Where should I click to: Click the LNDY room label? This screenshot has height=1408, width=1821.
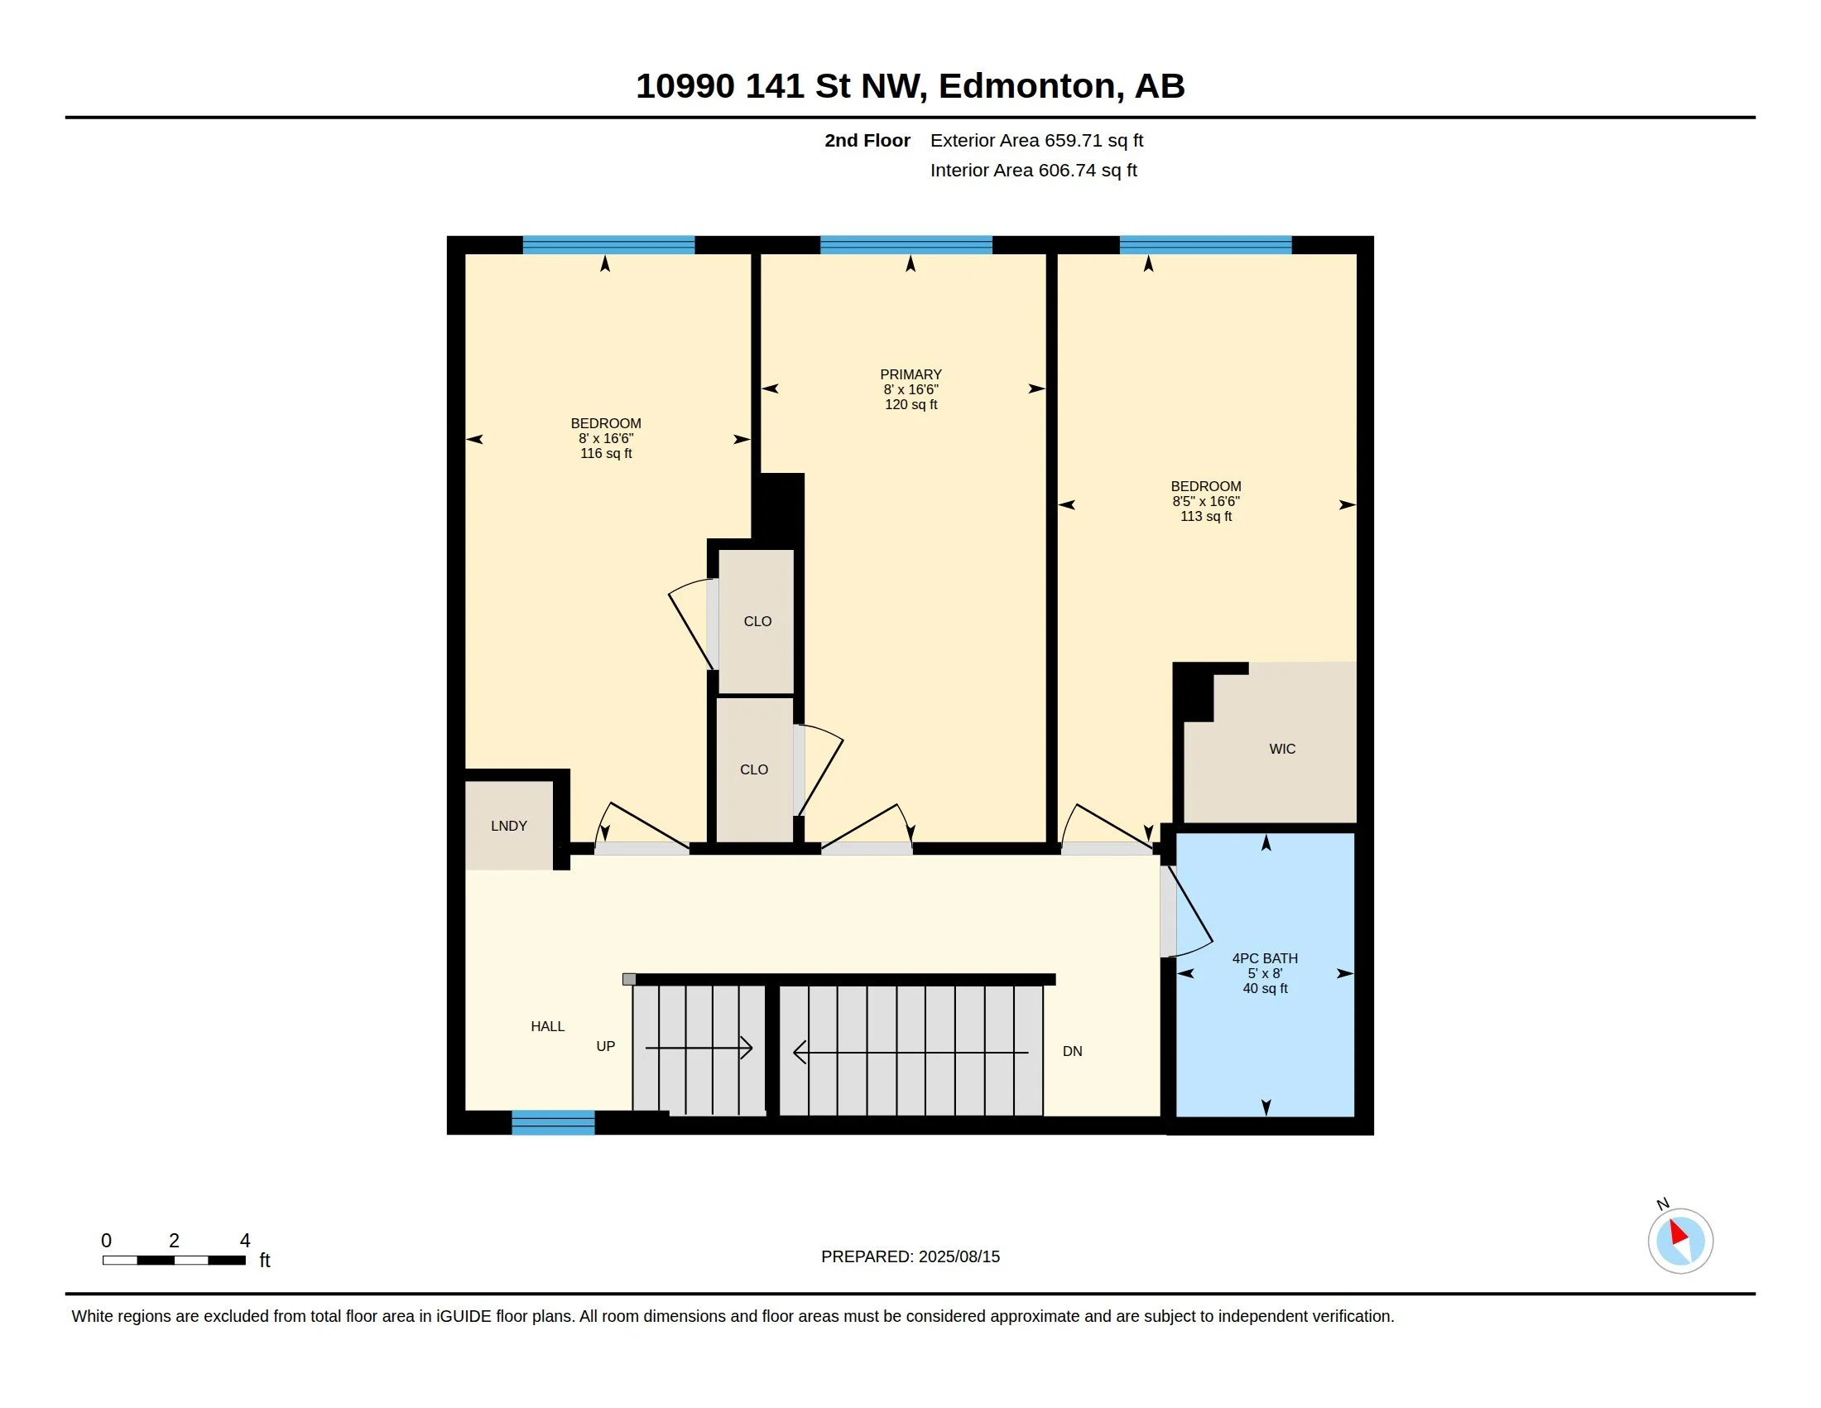[x=508, y=826]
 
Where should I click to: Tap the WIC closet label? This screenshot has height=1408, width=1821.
[x=1282, y=749]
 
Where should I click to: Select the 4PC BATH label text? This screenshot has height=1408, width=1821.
[x=1265, y=958]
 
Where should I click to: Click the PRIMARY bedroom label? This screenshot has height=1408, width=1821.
[x=910, y=374]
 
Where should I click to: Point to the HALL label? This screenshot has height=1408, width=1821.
[x=548, y=1026]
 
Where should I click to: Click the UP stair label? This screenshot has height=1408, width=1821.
[x=605, y=1046]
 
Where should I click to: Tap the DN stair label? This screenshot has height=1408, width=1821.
[x=1072, y=1051]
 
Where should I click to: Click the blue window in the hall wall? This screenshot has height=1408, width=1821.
[x=553, y=1123]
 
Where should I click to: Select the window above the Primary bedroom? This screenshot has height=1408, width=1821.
[x=906, y=245]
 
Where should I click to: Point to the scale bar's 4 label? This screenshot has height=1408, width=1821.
[x=245, y=1241]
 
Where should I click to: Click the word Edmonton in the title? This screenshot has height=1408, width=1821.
[x=1026, y=86]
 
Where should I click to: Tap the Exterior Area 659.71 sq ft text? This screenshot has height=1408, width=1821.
[x=1036, y=140]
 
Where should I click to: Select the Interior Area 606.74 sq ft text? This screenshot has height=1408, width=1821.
[x=1033, y=170]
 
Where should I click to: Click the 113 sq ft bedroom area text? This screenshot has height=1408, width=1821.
[x=1206, y=516]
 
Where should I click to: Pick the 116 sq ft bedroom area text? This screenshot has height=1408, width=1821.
[x=606, y=454]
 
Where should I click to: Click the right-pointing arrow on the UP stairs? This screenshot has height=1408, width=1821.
[x=699, y=1048]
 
